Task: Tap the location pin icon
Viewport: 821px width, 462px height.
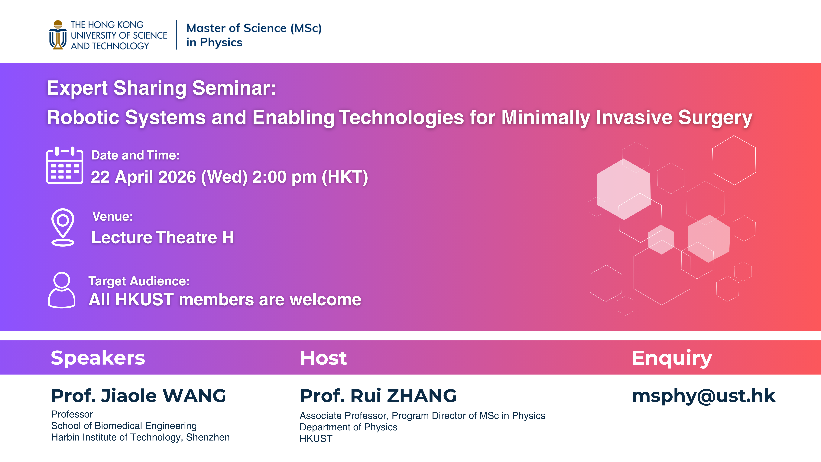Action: click(x=63, y=227)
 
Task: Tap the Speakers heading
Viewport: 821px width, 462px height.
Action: click(x=98, y=358)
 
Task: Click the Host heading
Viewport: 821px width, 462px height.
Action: click(x=323, y=358)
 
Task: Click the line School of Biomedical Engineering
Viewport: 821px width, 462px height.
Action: click(x=124, y=426)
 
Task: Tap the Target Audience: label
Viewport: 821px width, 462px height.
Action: click(x=139, y=281)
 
